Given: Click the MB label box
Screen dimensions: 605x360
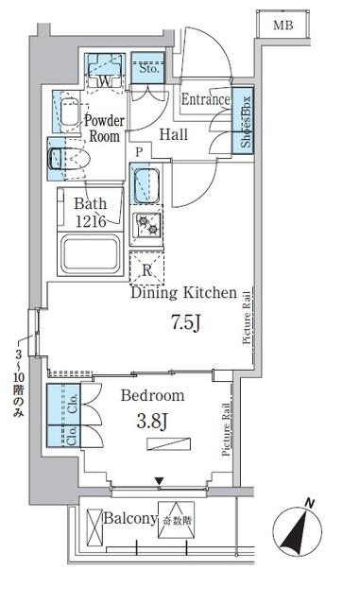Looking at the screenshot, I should point(283,26).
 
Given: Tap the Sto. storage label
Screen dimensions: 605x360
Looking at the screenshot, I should point(149,69).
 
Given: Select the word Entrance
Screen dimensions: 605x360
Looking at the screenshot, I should point(205,100).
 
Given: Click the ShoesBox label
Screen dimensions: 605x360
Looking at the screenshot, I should point(245,121).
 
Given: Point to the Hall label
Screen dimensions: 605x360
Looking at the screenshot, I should point(173,135).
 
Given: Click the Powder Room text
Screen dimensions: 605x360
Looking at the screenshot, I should point(103,129).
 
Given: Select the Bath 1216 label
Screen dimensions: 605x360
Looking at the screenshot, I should point(93,212).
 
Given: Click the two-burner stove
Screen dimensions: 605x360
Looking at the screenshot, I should point(146,224).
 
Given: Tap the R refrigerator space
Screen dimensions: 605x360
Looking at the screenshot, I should point(146,268).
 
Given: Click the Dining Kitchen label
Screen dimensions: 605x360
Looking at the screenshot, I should point(181,293).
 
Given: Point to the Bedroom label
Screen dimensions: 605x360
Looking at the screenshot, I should point(151,396).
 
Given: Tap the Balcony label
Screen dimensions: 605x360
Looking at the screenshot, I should point(129,519).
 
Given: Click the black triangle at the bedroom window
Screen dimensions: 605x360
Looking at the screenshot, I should point(160,481).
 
